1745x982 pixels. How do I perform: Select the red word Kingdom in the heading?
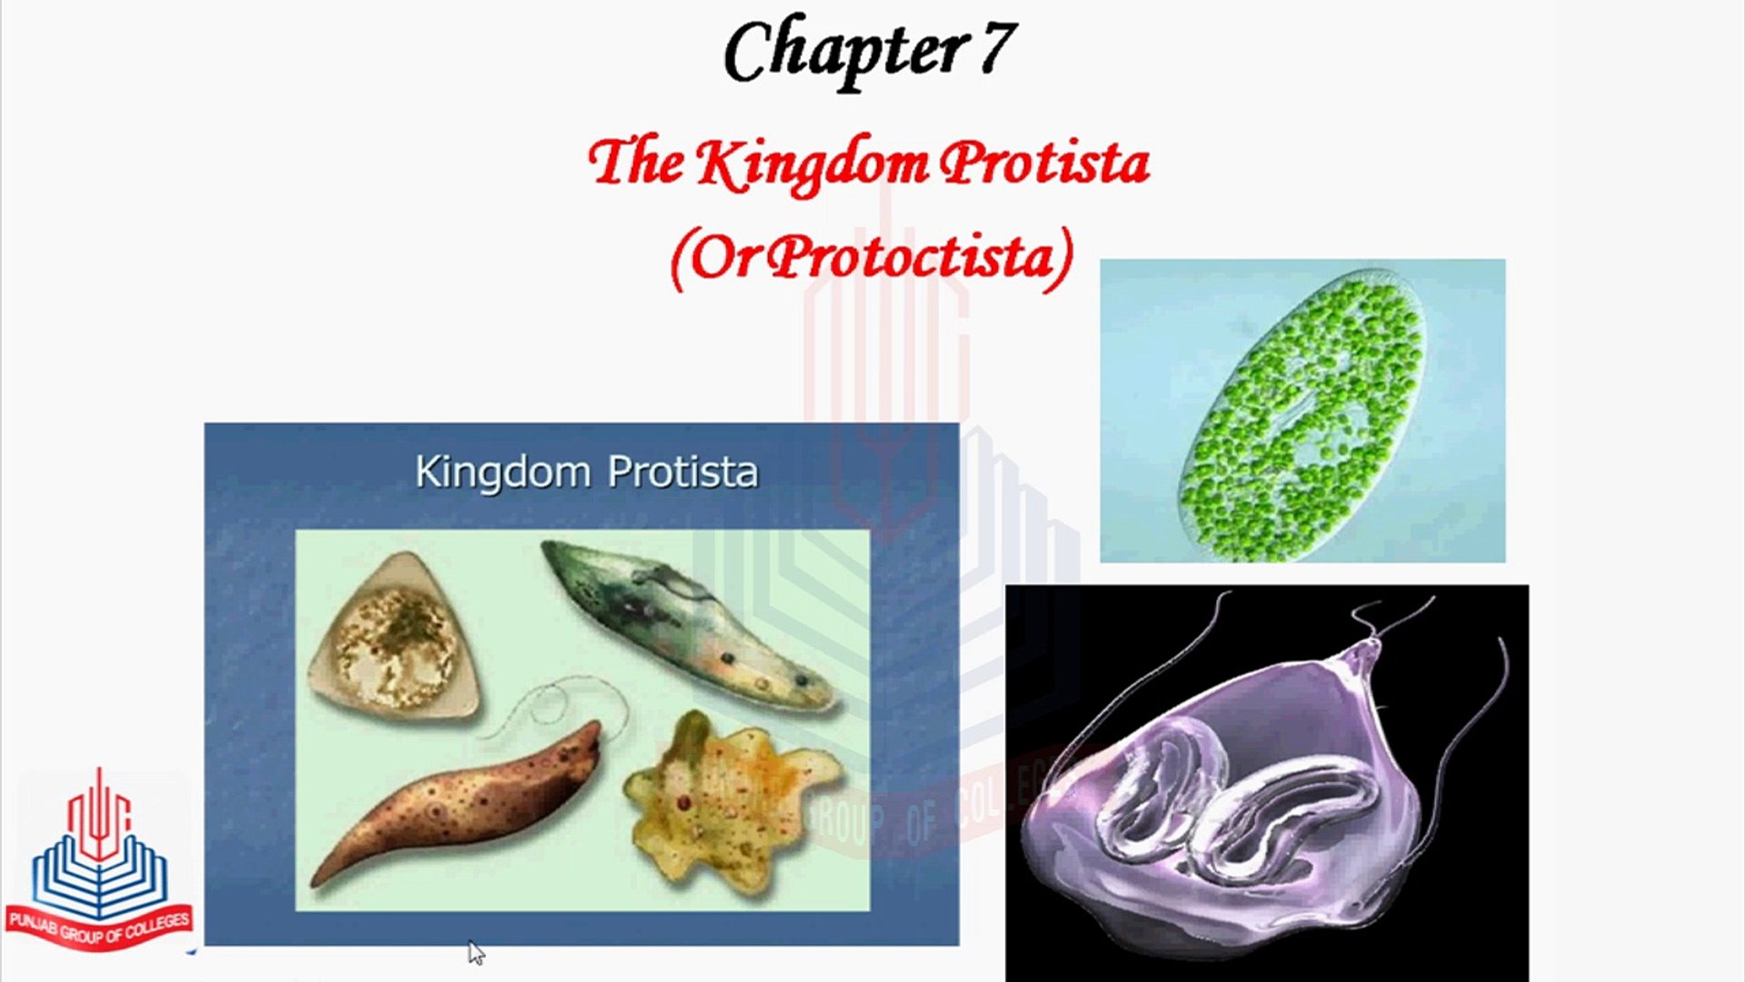[x=813, y=165]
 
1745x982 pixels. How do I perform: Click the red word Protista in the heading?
[x=1044, y=165]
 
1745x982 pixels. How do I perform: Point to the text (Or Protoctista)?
[x=872, y=258]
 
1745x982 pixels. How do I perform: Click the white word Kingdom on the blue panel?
[x=503, y=472]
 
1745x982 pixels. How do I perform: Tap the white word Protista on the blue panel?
[x=682, y=472]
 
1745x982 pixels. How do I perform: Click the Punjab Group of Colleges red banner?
[x=99, y=928]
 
